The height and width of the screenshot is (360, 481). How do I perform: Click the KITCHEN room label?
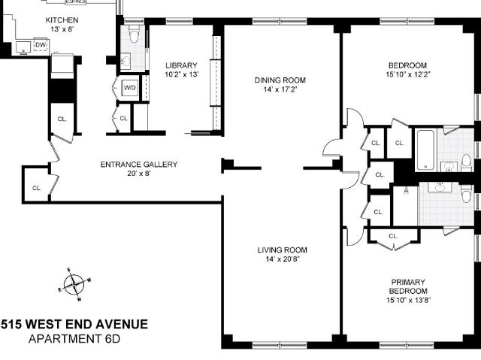(62, 20)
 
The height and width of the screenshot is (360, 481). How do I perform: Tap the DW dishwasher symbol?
(41, 45)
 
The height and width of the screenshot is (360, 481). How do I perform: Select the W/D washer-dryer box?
(129, 88)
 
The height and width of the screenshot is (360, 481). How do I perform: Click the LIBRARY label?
(181, 65)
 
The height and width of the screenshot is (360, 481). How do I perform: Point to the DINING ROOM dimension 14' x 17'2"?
(280, 89)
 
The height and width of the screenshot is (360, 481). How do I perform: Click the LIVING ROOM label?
(283, 250)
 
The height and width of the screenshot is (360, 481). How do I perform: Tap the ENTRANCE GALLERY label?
(139, 165)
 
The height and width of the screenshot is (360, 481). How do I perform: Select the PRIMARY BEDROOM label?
(408, 286)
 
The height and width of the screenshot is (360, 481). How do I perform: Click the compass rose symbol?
(74, 285)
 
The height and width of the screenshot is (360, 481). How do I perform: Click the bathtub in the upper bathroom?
(425, 150)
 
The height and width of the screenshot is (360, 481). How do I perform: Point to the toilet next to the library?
(134, 33)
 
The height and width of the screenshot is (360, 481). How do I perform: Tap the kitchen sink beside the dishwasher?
(23, 47)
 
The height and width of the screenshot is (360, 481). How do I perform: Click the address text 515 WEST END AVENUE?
(74, 324)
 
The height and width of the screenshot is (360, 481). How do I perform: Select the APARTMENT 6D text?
(74, 339)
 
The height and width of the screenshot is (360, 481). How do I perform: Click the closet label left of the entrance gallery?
(37, 188)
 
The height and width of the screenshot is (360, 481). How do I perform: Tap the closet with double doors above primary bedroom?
(393, 237)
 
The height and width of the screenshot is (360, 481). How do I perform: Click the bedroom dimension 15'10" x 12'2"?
(408, 74)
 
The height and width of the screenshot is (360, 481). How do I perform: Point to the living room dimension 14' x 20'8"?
(283, 259)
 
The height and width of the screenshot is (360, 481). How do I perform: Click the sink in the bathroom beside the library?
(126, 61)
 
